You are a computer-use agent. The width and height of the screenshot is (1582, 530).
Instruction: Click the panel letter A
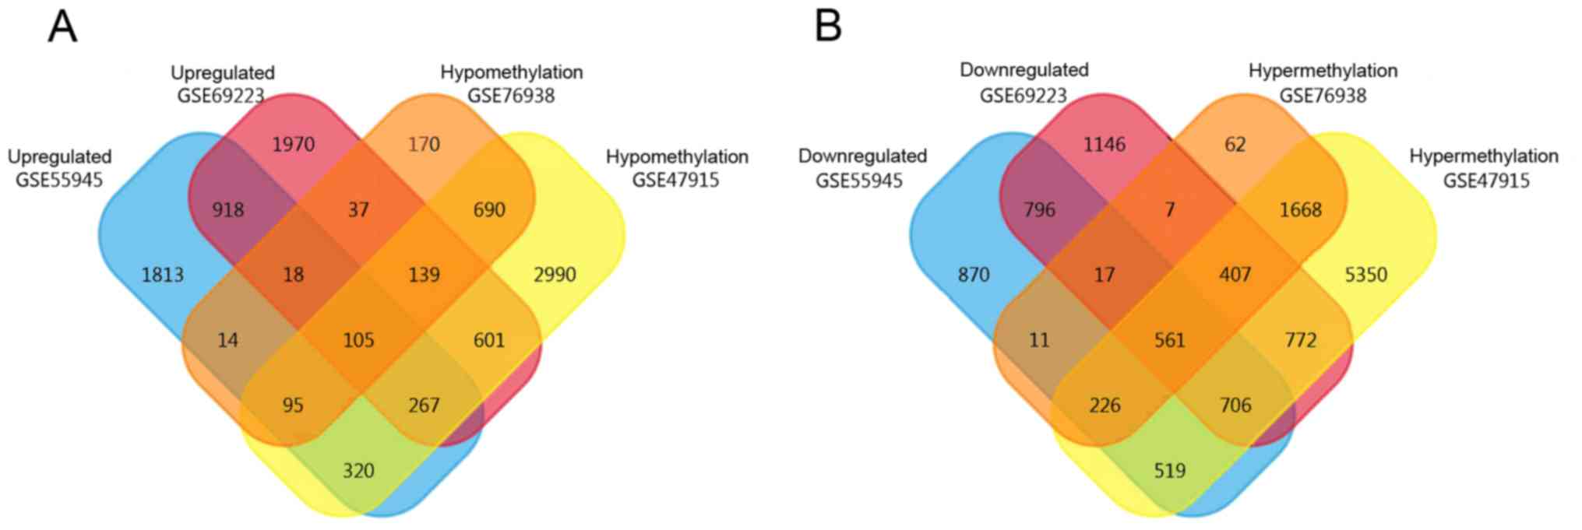tap(62, 27)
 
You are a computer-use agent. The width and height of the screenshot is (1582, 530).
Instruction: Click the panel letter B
tap(828, 27)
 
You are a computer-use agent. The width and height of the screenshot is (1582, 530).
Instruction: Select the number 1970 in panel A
tap(293, 144)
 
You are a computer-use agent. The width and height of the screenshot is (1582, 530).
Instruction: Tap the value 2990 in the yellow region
tap(554, 275)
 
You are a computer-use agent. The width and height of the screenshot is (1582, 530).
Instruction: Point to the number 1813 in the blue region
tap(162, 275)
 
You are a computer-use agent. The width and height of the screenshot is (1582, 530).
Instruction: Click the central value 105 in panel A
tap(358, 340)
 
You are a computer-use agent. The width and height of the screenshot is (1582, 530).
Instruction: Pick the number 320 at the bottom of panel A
tap(358, 471)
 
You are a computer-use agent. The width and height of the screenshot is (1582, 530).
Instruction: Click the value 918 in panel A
tap(227, 209)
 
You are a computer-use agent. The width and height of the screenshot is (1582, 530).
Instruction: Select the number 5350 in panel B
tap(1365, 275)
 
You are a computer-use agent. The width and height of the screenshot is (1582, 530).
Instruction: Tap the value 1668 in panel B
tap(1300, 209)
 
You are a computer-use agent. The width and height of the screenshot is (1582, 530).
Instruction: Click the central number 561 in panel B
tap(1169, 340)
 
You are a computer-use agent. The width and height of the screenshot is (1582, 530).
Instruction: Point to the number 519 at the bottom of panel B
tap(1169, 471)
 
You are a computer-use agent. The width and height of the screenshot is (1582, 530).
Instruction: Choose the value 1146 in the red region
tap(1104, 144)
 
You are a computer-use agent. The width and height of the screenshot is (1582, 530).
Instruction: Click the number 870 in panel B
tap(974, 275)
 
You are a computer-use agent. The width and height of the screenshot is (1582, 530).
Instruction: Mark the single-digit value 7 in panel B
tap(1169, 209)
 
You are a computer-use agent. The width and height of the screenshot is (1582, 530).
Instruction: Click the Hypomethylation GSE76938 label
tap(511, 84)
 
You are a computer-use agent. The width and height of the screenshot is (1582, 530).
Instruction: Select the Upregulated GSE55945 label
tap(59, 168)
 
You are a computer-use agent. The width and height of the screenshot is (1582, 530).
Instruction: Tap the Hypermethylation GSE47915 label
tap(1484, 168)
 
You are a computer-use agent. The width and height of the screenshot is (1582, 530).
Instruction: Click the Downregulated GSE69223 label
tap(1024, 82)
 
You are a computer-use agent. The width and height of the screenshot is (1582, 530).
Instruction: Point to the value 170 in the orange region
tap(424, 144)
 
